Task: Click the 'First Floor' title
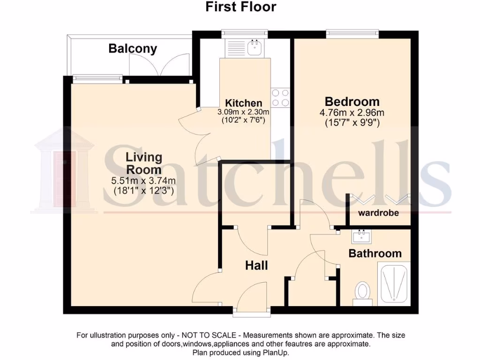point(241,7)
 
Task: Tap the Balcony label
point(133,48)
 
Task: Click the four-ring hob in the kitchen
point(280,97)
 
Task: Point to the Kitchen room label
point(244,103)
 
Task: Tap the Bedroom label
point(352,101)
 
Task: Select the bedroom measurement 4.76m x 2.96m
point(352,112)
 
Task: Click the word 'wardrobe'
point(379,213)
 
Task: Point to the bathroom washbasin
point(362,237)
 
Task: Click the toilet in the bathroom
point(362,291)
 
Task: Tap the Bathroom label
point(375,254)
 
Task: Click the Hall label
point(257,265)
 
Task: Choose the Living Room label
point(143,164)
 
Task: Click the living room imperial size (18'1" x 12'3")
point(144,191)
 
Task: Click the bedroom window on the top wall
point(352,33)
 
